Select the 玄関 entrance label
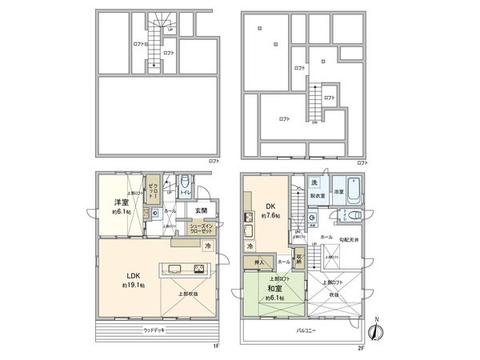pyautogui.click(x=200, y=210)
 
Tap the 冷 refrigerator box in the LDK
pyautogui.click(x=206, y=246)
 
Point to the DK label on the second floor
pyautogui.click(x=270, y=206)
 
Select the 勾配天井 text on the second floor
pyautogui.click(x=347, y=239)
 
